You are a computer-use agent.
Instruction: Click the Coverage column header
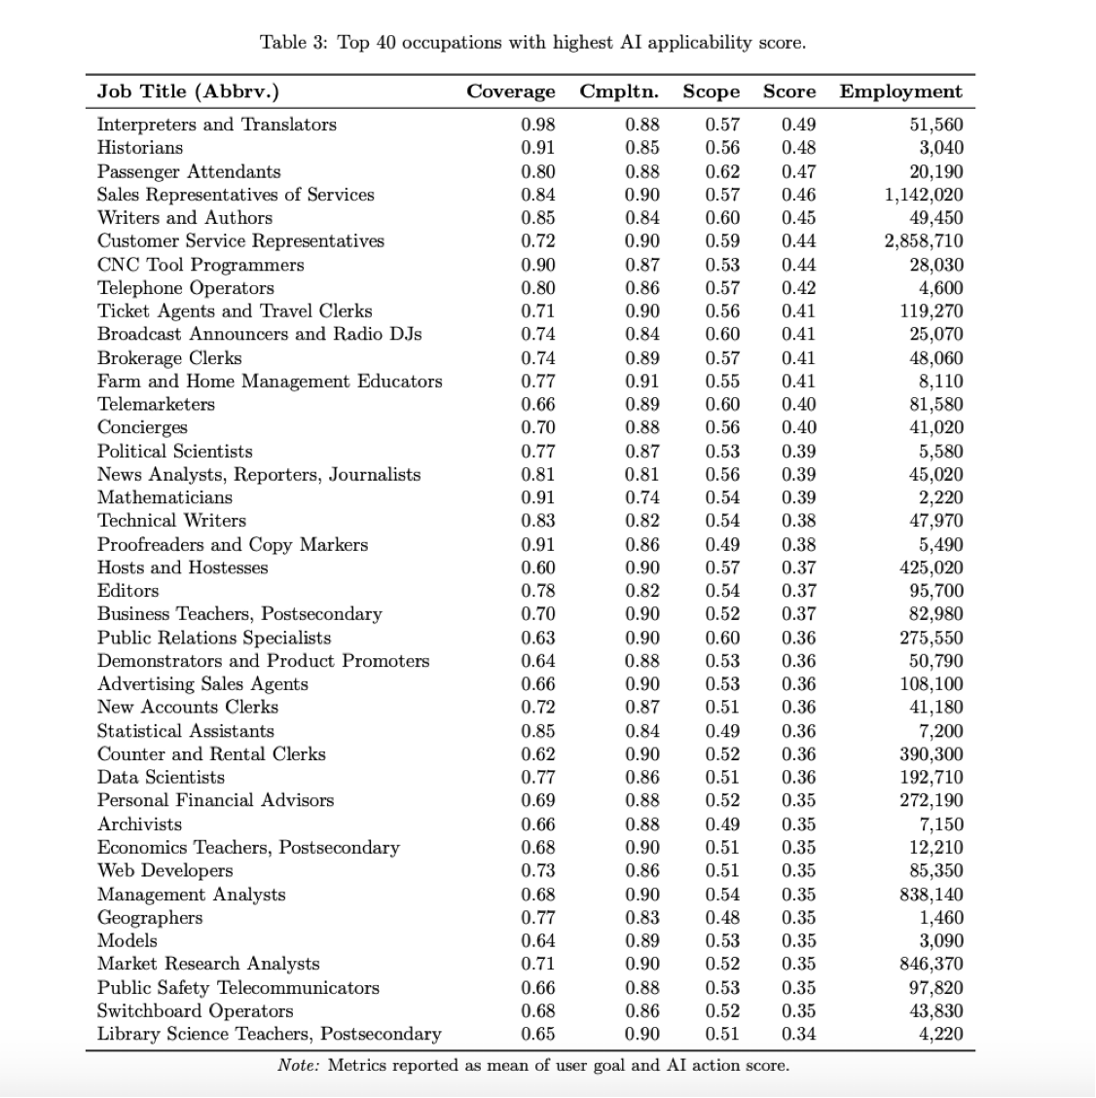pos(511,91)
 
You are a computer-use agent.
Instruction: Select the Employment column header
pos(900,91)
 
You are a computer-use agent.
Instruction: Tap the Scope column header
pos(711,91)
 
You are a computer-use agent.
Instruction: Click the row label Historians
pos(140,148)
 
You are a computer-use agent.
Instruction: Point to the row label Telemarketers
pos(156,404)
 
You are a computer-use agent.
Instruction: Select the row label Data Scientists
pos(161,777)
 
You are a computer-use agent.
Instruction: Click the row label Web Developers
pos(164,870)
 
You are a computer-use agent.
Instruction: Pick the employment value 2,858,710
pos(924,241)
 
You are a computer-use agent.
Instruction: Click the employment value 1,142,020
pos(924,195)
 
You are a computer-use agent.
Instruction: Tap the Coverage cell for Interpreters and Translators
pos(538,125)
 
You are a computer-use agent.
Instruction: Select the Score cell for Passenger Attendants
pos(798,171)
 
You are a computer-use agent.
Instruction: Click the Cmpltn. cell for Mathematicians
pos(641,497)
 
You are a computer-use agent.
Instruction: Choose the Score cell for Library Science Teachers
pos(798,1034)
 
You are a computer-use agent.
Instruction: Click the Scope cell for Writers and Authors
pos(722,218)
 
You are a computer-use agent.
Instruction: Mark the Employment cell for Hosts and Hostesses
pos(931,567)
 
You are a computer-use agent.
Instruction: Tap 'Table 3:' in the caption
pos(293,43)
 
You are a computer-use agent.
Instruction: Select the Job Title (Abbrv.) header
pos(188,91)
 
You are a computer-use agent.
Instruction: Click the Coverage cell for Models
pos(538,940)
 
